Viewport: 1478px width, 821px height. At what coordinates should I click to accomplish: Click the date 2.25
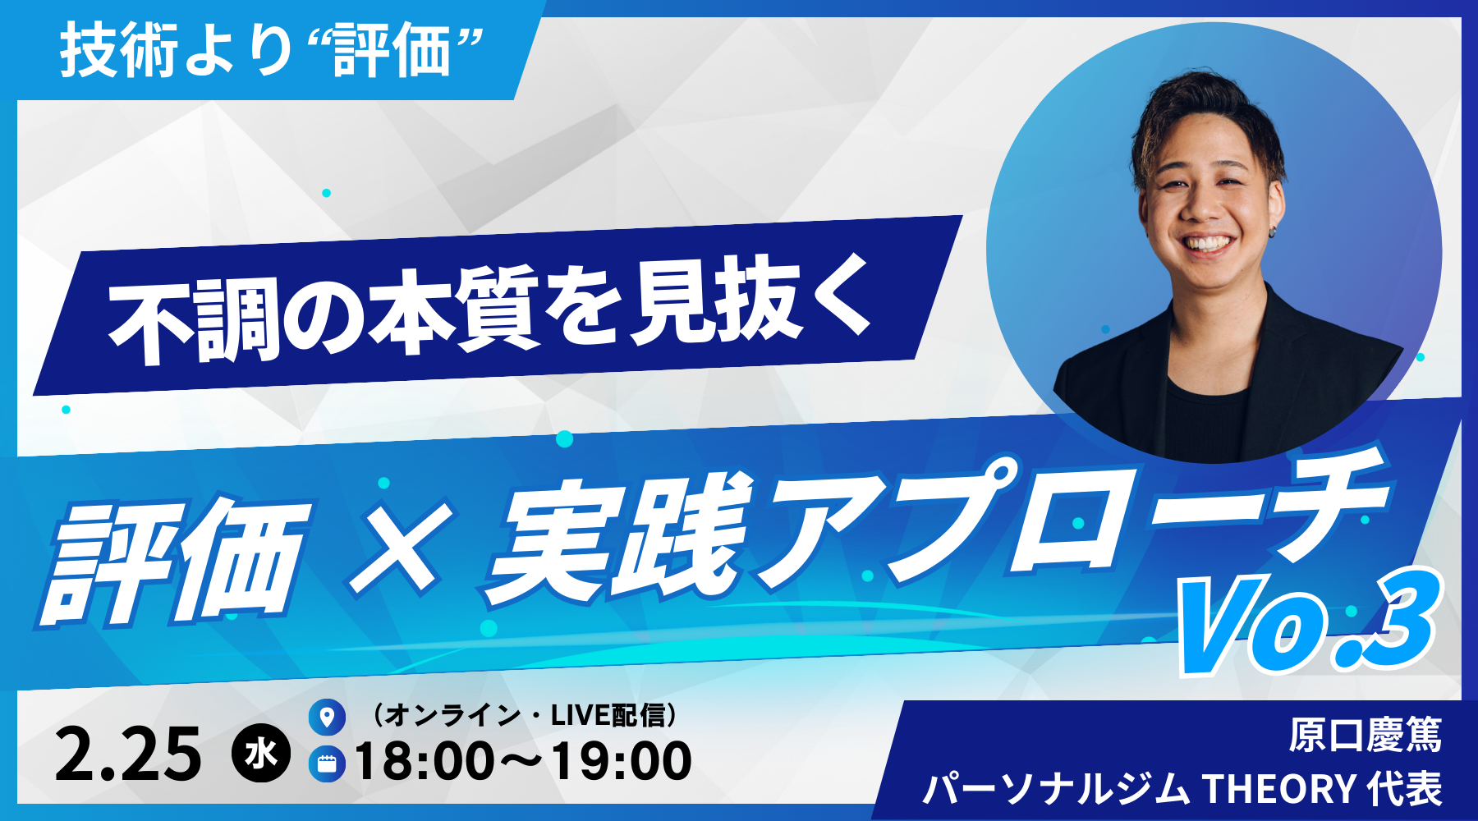coord(128,754)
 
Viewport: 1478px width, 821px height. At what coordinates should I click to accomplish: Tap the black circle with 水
coord(261,754)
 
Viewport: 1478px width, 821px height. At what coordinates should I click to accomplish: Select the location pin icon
coord(327,717)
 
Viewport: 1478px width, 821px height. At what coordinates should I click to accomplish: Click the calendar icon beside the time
coord(327,764)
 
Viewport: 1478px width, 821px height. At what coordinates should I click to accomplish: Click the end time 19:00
coord(621,761)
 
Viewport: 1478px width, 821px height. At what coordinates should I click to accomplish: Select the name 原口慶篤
coord(1365,735)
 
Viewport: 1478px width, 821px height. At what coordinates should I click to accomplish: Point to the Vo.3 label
coord(1307,624)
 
